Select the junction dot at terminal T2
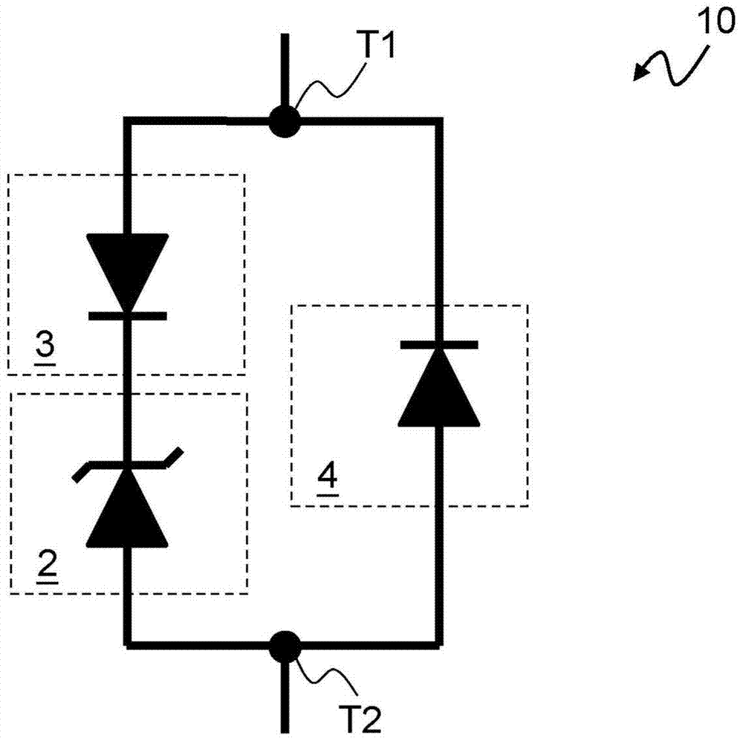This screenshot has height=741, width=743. pos(284,645)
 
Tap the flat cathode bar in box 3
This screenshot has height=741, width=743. pos(127,316)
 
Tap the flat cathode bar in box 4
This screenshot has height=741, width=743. pos(438,344)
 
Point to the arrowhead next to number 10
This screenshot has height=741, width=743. pos(639,73)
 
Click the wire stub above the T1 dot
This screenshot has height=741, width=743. pos(284,71)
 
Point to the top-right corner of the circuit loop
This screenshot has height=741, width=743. pos(440,120)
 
